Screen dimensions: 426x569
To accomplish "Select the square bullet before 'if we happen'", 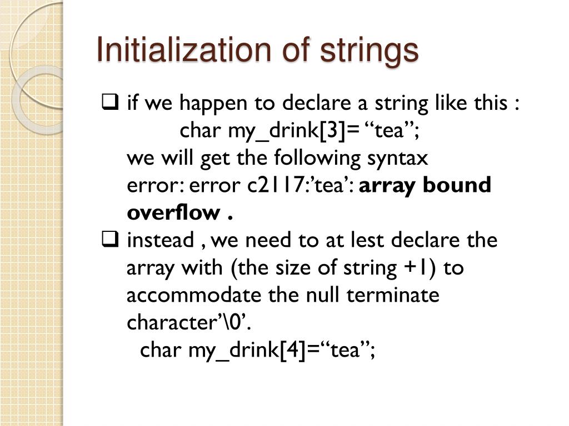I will coord(109,102).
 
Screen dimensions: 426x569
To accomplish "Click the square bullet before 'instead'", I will coord(109,240).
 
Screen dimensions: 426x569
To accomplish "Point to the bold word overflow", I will coord(173,212).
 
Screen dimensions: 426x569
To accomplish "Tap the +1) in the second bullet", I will coord(422,268).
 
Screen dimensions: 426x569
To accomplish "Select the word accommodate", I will coord(193,295).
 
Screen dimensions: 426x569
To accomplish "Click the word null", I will coord(324,295).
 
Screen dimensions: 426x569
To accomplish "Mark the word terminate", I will coord(393,295).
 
